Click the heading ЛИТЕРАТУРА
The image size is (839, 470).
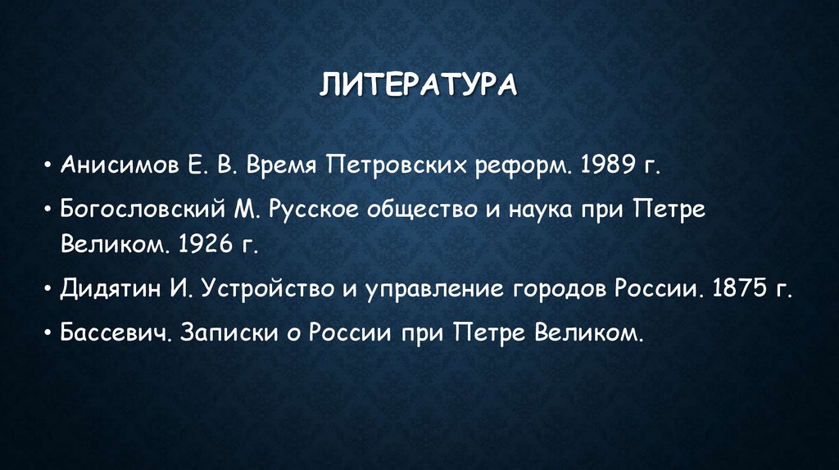pyautogui.click(x=418, y=84)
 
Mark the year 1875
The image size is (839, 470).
pyautogui.click(x=738, y=291)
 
